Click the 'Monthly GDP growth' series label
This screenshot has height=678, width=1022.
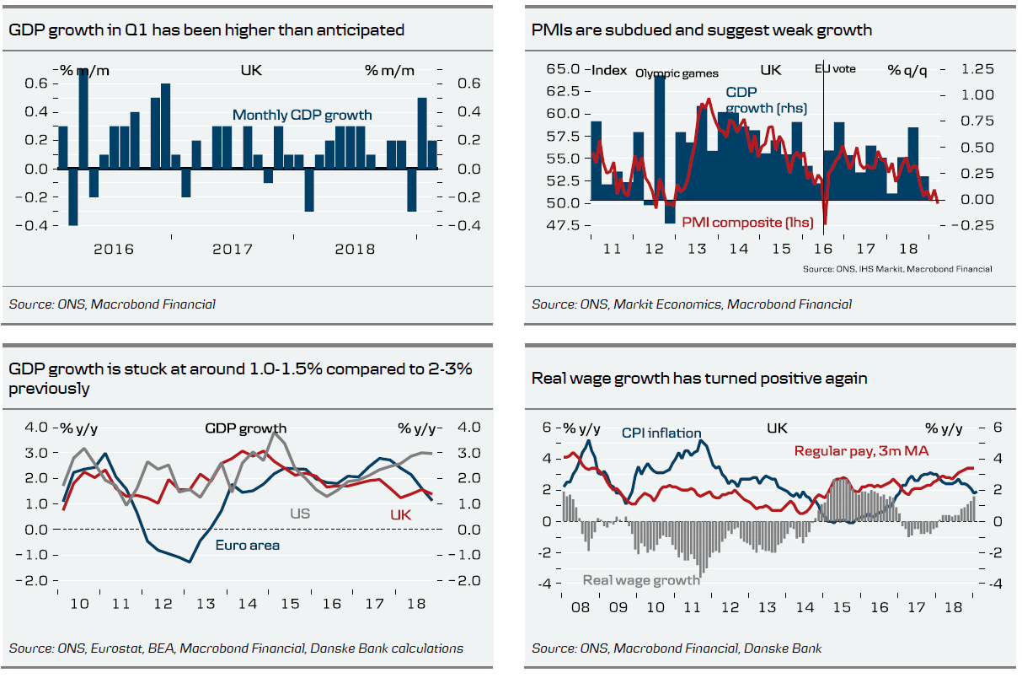tap(302, 115)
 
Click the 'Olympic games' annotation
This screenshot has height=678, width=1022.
tap(677, 73)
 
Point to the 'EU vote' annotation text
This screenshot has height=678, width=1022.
tap(835, 69)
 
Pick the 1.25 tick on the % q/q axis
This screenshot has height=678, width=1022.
tap(977, 69)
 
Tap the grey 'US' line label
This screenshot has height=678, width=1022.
tap(300, 513)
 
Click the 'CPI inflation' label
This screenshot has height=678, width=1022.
tap(661, 433)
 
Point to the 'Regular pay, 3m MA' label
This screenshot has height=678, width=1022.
tap(861, 451)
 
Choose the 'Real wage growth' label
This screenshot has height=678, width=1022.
tap(641, 580)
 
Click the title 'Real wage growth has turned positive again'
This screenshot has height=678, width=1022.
tap(699, 379)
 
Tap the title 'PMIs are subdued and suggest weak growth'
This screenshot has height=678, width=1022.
tap(701, 30)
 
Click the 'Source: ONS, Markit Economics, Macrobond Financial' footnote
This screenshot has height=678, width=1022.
tap(692, 304)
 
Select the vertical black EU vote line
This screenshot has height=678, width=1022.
tap(823, 143)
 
